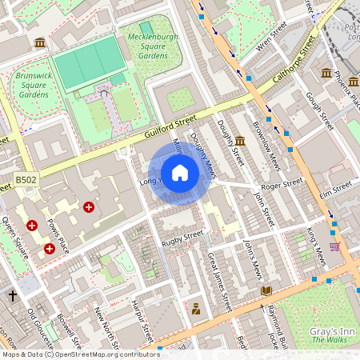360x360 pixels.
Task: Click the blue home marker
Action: point(180,173)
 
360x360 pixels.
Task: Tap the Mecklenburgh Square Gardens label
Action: point(153,45)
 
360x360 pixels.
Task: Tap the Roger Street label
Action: point(282,182)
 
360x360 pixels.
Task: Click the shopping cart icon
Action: point(334,246)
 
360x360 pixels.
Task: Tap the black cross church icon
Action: point(13,296)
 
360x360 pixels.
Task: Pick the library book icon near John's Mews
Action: point(266,290)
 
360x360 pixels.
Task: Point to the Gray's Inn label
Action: point(326,330)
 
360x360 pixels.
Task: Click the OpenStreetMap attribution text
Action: point(81,354)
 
